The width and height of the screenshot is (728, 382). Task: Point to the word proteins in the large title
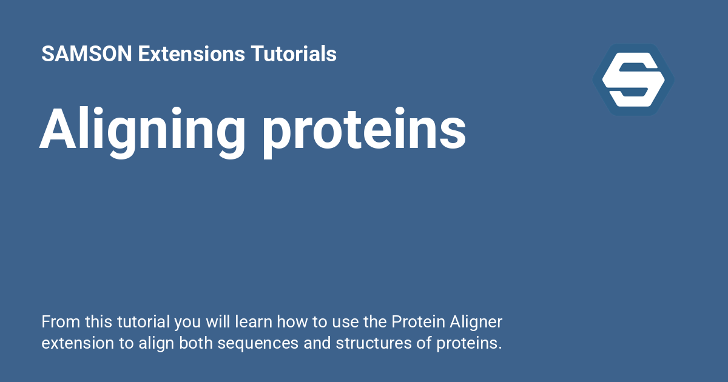pos(364,130)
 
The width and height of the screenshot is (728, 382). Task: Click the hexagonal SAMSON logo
pos(633,79)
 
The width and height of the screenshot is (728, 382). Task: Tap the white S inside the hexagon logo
pos(633,79)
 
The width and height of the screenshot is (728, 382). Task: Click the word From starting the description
pos(61,321)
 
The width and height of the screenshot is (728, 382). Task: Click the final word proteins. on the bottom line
pos(469,343)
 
